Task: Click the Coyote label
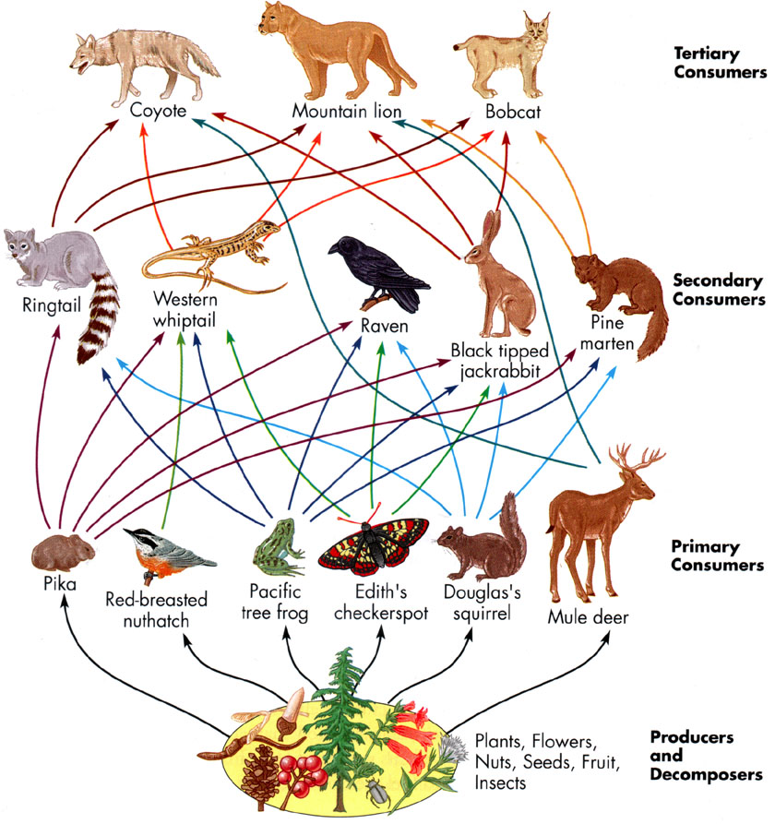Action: click(158, 111)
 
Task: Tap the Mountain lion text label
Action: click(347, 111)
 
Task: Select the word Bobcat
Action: click(513, 112)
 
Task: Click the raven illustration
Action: click(379, 274)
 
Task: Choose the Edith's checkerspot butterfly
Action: click(373, 543)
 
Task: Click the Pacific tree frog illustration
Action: click(278, 547)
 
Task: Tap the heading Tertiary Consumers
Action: click(720, 63)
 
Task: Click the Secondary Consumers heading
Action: click(718, 290)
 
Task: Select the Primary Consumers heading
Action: click(717, 555)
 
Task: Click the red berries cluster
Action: click(300, 773)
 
